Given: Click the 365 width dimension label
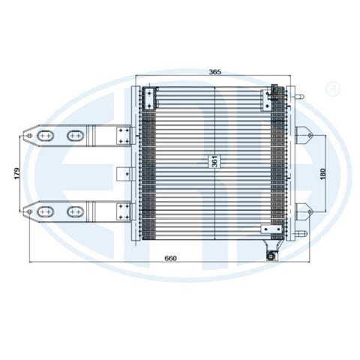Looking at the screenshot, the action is click(215, 72).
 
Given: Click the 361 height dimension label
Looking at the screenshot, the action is click(216, 161).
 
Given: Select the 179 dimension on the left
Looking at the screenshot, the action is click(17, 173).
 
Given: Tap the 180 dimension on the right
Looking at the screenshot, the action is click(323, 174).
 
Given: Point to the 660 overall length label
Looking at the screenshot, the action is click(170, 258).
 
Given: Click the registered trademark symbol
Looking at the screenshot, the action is click(333, 88).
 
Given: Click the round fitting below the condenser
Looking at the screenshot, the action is click(271, 256).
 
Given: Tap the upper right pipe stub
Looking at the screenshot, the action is click(299, 97).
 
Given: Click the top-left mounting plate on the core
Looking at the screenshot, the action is click(149, 99).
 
